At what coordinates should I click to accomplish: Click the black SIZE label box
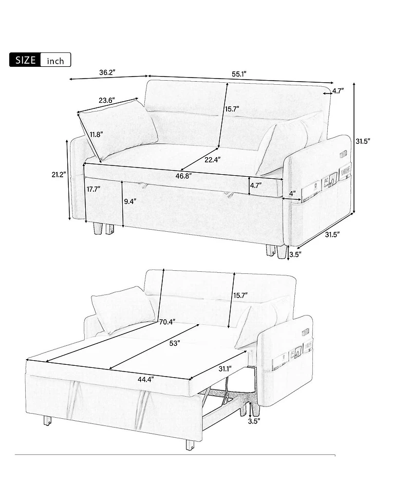pos(25,60)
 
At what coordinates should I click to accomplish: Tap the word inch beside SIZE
pos(55,61)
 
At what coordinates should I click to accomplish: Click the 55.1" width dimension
pos(239,74)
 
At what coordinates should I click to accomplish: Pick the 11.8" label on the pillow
pos(96,135)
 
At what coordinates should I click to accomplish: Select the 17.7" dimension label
pos(93,189)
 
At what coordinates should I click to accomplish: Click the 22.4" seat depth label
pos(212,160)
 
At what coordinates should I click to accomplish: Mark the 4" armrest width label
pos(292,193)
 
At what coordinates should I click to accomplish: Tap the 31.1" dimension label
pos(224,368)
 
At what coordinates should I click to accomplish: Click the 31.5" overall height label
pos(364,140)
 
